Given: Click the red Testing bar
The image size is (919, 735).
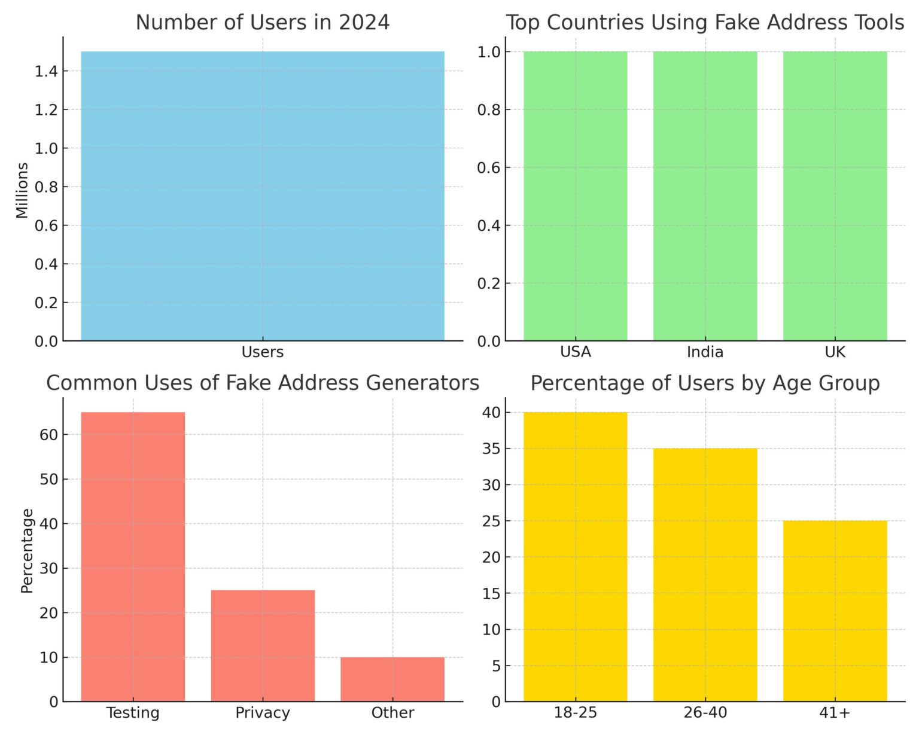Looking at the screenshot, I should click(133, 556).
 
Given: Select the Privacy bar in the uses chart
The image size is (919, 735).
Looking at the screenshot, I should click(263, 645).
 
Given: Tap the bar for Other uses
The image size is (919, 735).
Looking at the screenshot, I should click(392, 679).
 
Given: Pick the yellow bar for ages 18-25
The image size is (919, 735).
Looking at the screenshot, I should click(575, 556).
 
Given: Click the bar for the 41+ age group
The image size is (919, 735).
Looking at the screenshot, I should click(835, 611).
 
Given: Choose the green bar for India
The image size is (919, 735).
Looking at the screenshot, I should click(705, 196).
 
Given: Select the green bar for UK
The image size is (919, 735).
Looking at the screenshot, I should click(835, 196).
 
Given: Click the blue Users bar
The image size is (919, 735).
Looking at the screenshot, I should click(263, 196).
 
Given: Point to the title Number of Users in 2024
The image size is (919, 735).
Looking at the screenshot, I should click(263, 23).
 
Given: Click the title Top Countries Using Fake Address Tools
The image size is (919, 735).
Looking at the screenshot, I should click(705, 23).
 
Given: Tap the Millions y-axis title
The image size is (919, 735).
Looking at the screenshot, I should click(22, 190).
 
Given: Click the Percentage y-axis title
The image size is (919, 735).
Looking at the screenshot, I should click(26, 550).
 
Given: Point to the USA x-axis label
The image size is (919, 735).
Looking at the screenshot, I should click(575, 352).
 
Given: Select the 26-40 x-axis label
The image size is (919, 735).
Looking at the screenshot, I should click(705, 712).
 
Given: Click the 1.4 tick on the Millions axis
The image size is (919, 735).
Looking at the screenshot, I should click(46, 72).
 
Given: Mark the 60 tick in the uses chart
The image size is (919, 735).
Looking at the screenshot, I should click(49, 435).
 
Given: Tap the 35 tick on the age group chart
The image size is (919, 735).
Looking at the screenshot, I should click(491, 449).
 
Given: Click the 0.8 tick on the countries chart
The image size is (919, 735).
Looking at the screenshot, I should click(488, 110).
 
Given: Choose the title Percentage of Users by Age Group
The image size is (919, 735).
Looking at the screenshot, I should click(705, 383).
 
